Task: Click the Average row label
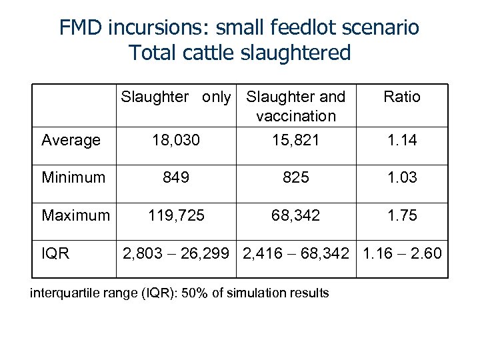click(71, 141)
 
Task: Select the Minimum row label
click(73, 179)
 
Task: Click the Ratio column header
click(402, 97)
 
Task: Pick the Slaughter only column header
click(176, 97)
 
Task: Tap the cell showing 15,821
click(295, 141)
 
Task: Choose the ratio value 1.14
click(402, 141)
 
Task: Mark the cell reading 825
click(295, 179)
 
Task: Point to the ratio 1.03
click(402, 179)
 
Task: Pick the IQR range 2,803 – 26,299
click(177, 255)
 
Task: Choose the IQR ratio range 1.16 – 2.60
click(402, 255)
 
